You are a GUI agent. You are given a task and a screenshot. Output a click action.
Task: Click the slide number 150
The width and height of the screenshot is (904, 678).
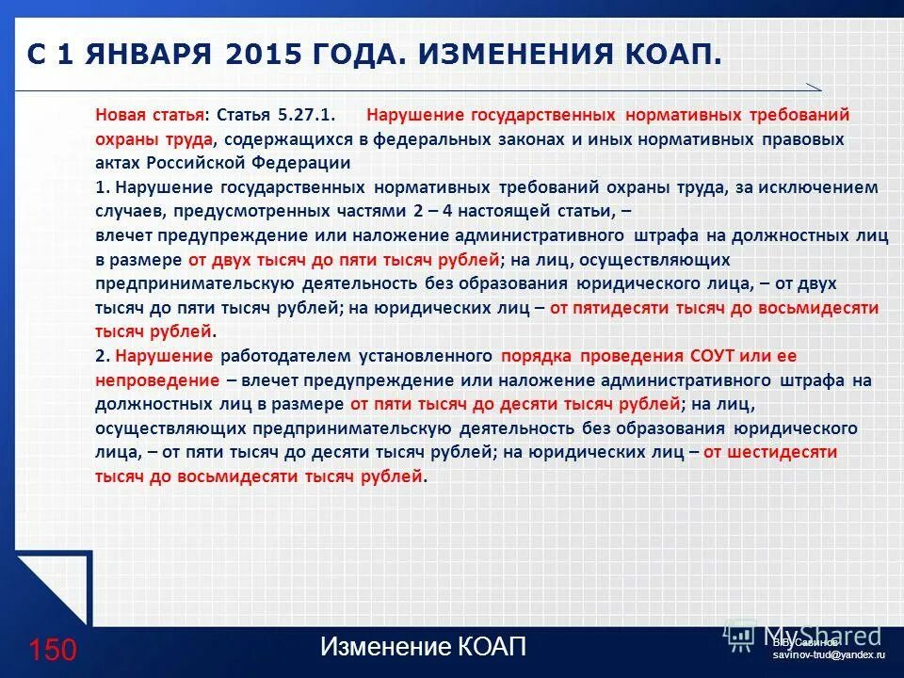52,649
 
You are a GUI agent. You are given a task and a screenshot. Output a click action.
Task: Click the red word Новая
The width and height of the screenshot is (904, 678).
121,115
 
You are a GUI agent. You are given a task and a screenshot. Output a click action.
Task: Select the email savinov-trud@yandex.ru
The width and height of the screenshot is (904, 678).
829,654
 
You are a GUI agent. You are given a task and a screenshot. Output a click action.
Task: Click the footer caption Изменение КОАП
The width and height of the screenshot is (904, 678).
423,647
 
